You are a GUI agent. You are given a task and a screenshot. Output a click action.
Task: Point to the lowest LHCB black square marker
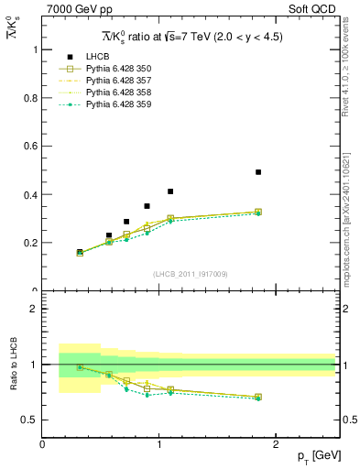(80, 252)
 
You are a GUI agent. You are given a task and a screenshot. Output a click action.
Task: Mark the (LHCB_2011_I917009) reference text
(189, 273)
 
